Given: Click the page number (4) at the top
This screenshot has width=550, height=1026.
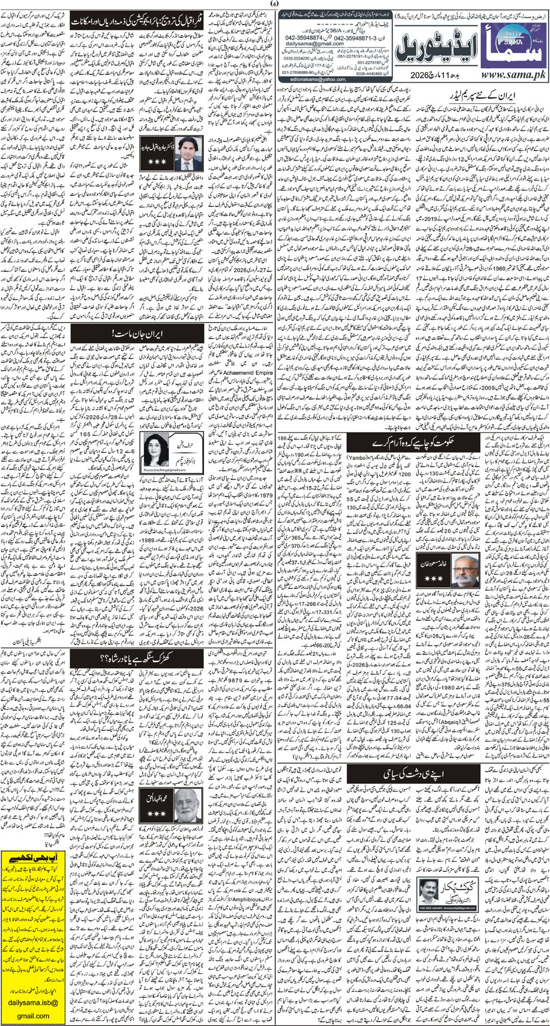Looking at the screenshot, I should coord(276,5).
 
